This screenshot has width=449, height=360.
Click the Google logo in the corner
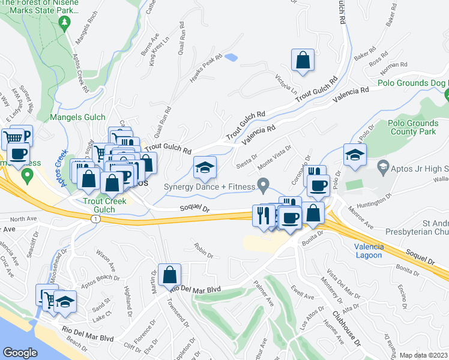click(20, 353)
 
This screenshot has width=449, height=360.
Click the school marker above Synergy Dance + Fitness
click(204, 168)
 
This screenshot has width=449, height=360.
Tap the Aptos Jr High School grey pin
click(383, 165)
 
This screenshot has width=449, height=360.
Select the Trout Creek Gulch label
click(106, 205)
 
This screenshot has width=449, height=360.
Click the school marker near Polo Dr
click(355, 154)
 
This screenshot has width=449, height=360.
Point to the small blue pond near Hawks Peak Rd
click(231, 58)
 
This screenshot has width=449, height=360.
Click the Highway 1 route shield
click(94, 220)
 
